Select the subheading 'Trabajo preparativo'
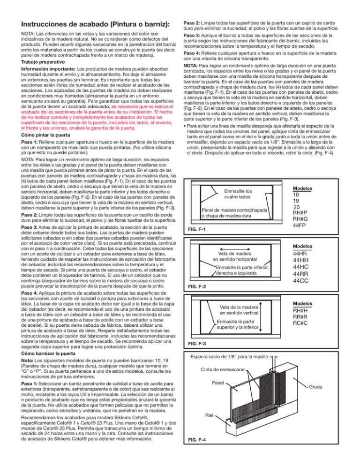43,62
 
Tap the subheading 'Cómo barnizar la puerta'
48,353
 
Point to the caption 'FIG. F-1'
197,229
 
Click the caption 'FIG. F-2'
197,286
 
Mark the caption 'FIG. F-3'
197,344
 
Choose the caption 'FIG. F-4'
197,440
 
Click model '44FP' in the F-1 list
299,225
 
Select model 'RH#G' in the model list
300,219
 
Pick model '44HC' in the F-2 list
300,267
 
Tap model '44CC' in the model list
300,281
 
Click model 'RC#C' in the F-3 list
300,323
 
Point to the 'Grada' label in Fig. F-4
315,387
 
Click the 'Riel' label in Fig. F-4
209,415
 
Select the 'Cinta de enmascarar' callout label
223,370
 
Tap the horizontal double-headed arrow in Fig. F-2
235,249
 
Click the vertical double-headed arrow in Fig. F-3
261,317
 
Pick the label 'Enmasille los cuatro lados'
238,194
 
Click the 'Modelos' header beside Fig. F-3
302,303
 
